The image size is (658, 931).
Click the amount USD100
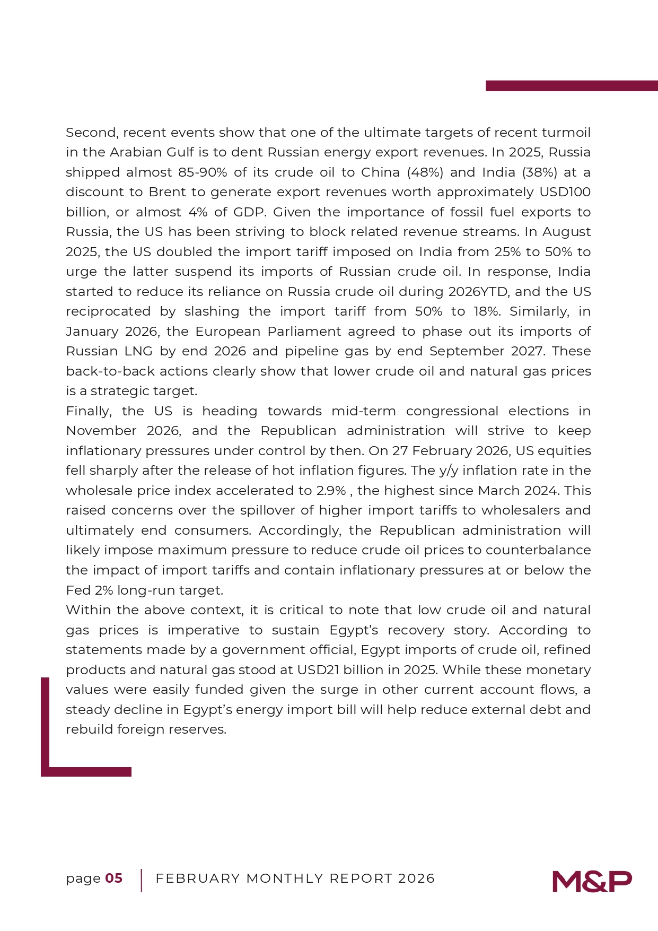pos(565,192)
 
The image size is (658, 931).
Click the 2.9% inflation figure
pos(331,491)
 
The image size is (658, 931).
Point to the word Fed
pos(78,590)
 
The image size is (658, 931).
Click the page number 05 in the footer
pos(114,878)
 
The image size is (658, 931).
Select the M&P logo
pos(592,881)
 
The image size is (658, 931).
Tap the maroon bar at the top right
pos(572,86)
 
